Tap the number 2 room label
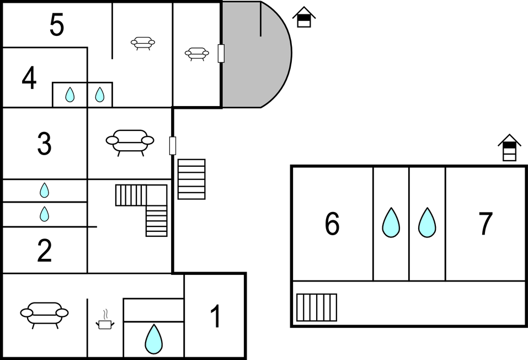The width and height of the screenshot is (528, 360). click(x=45, y=251)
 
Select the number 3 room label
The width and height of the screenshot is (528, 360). click(x=45, y=144)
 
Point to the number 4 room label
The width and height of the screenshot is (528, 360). click(x=29, y=78)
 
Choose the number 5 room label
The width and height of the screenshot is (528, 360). click(x=57, y=25)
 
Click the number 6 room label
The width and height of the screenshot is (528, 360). click(x=332, y=223)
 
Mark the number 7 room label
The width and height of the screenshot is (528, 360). click(x=486, y=223)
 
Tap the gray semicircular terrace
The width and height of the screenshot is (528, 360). click(x=257, y=54)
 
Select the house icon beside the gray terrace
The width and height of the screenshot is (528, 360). click(x=304, y=17)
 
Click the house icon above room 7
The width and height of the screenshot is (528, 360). click(x=509, y=147)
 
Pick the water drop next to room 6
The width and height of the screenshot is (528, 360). click(x=391, y=223)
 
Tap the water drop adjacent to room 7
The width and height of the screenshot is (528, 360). click(x=427, y=223)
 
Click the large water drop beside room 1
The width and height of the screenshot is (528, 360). click(x=153, y=339)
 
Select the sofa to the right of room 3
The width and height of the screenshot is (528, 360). click(x=130, y=142)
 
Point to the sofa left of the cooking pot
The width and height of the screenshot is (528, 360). click(x=44, y=315)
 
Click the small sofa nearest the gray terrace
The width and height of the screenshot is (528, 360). click(x=196, y=54)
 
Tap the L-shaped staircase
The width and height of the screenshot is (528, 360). click(x=141, y=210)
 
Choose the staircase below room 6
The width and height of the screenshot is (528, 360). click(x=317, y=308)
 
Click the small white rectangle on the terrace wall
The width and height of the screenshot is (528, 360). click(x=221, y=54)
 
